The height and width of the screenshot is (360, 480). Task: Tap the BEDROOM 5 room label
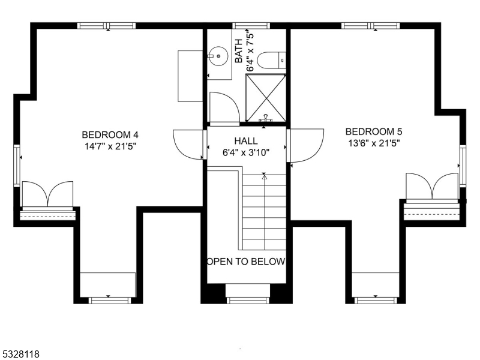pyautogui.click(x=373, y=131)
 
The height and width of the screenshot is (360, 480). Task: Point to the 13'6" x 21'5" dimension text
pyautogui.click(x=373, y=143)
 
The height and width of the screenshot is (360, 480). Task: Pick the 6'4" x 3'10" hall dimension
pyautogui.click(x=246, y=152)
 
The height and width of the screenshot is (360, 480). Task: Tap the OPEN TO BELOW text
pyautogui.click(x=246, y=262)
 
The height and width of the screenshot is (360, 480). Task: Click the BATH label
pyautogui.click(x=239, y=51)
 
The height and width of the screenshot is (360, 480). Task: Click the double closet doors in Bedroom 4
pyautogui.click(x=47, y=194)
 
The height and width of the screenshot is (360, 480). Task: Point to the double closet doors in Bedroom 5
pyautogui.click(x=432, y=186)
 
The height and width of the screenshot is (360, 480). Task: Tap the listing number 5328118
pyautogui.click(x=20, y=354)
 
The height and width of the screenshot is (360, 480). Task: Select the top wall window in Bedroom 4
pyautogui.click(x=106, y=26)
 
